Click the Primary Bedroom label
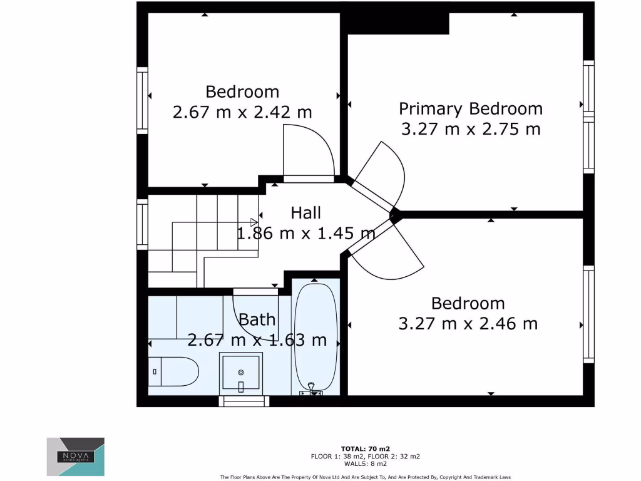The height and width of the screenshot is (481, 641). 471,108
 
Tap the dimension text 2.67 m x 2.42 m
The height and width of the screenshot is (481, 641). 242,113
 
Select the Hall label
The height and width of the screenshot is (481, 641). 306,213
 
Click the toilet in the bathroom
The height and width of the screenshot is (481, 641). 175,372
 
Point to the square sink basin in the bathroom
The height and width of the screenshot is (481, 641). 240,372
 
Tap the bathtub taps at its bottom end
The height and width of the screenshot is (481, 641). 311,391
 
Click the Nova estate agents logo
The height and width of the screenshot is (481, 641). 76,457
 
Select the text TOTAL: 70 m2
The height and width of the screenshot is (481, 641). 366,448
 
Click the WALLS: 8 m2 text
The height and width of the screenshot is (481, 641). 366,463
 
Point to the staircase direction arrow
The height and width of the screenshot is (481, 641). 254,221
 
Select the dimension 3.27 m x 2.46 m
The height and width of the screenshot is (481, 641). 468,324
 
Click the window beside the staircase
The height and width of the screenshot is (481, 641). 142,224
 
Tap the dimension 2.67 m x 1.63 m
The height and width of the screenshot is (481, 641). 257,340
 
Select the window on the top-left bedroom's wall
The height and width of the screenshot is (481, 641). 142,100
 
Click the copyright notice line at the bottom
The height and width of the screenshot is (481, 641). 366,477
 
